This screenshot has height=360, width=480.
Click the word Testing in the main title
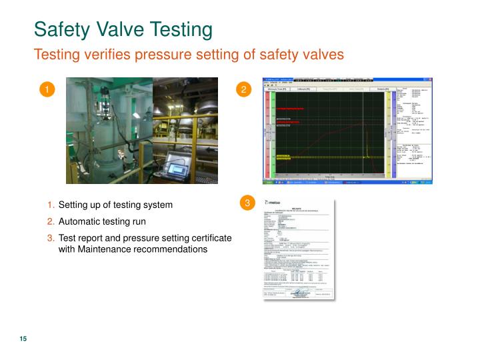178,30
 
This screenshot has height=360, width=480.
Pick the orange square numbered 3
247,203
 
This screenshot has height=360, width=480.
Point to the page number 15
23,340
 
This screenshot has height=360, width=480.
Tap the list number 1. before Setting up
51,205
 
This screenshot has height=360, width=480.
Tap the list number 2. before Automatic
51,221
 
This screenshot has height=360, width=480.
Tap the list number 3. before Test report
51,238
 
